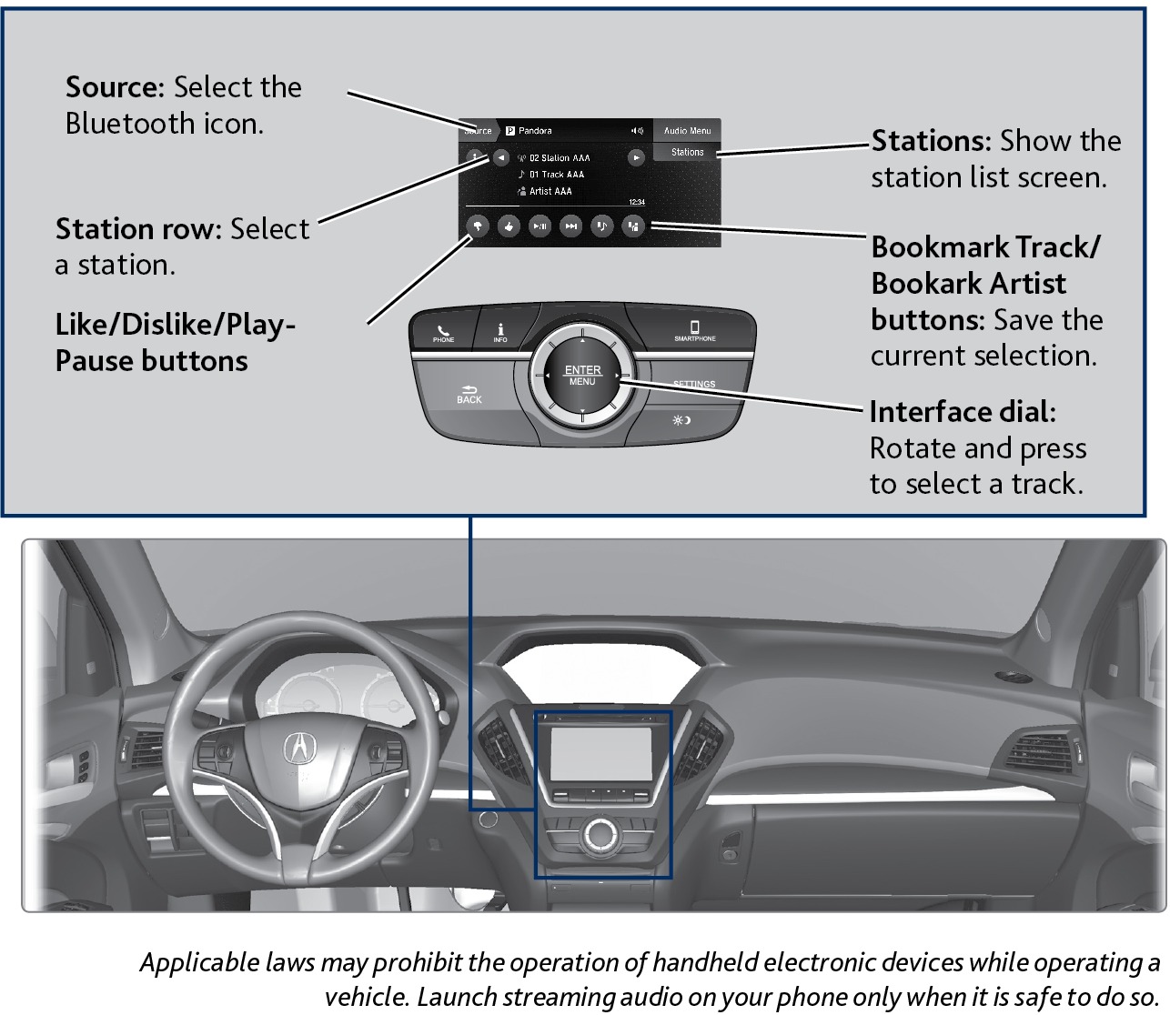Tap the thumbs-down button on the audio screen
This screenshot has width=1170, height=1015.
(x=478, y=226)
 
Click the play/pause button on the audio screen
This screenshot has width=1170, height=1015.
(x=540, y=226)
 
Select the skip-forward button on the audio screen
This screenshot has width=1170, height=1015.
(x=570, y=226)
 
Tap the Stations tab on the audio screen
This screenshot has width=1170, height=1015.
(x=687, y=152)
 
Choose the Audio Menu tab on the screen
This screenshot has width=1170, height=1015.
(x=687, y=131)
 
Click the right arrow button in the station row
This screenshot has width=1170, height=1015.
(x=636, y=157)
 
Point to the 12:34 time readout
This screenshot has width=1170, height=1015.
(x=637, y=202)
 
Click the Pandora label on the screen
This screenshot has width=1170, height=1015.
(x=535, y=131)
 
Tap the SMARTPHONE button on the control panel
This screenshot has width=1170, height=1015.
(x=694, y=330)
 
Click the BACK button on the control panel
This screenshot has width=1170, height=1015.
(x=469, y=394)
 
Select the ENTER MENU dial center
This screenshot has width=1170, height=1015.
(x=582, y=375)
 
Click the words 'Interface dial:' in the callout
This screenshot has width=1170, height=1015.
(x=963, y=412)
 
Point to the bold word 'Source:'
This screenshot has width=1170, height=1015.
(x=115, y=87)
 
